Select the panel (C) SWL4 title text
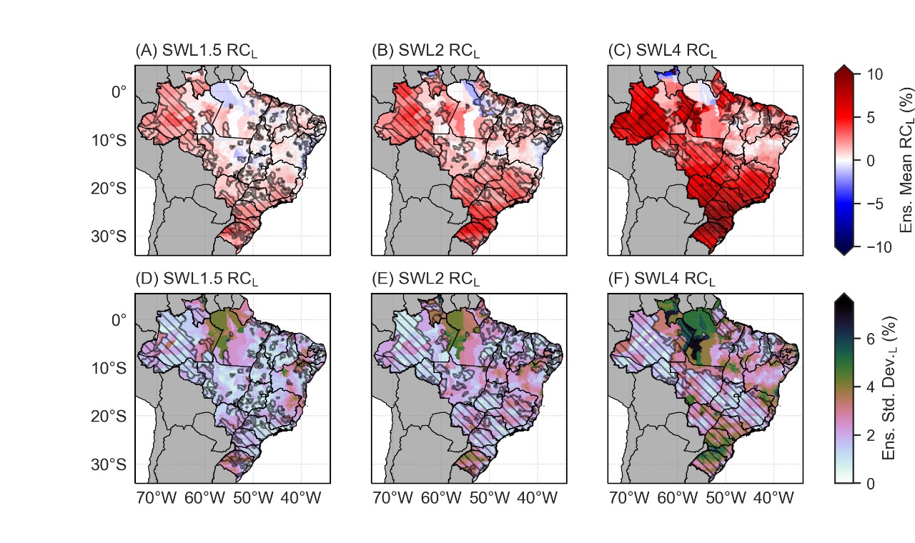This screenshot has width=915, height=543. tap(662, 52)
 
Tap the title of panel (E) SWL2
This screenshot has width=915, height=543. tap(426, 279)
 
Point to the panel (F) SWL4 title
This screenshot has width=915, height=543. tap(662, 279)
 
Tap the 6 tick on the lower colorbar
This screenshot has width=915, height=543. tap(869, 339)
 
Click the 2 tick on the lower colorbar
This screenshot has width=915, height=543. tap(869, 435)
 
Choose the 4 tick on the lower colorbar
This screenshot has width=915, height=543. tap(869, 387)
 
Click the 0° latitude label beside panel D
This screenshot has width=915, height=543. tap(118, 319)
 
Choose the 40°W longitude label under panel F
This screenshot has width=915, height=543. tap(774, 498)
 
